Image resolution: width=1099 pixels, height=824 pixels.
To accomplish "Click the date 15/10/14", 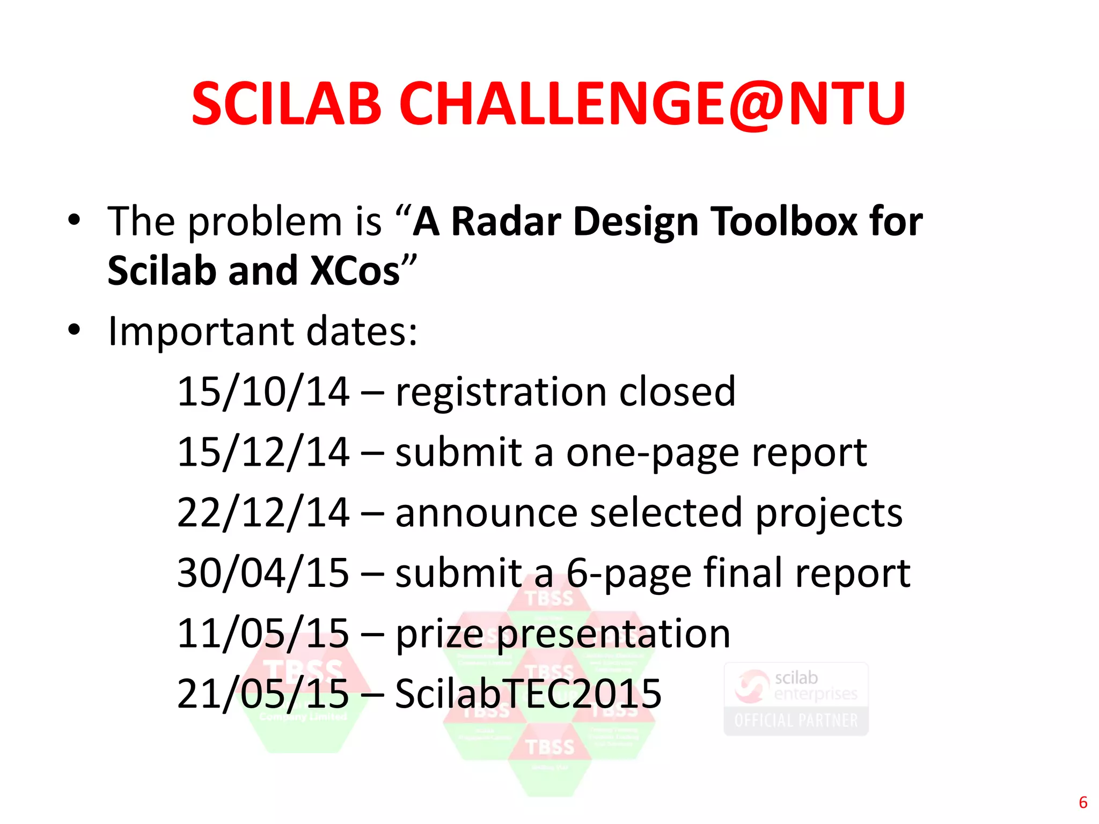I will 263,392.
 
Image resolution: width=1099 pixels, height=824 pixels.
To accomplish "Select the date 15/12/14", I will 263,452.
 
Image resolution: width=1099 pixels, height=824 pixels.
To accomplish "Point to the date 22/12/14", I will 263,513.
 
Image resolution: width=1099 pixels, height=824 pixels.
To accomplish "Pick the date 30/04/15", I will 263,573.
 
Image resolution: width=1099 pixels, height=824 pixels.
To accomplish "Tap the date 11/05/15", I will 263,634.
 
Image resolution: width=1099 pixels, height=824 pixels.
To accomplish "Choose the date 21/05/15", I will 263,694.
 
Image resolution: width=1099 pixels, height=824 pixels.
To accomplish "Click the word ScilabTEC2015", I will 528,694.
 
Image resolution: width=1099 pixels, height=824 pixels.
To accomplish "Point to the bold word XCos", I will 355,270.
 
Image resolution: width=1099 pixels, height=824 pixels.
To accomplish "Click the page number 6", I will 1083,803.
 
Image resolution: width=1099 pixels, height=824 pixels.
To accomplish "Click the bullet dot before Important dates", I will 74,330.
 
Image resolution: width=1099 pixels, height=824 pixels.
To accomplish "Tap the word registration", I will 501,392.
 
